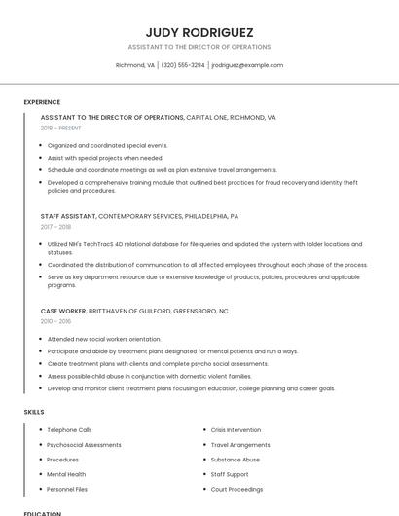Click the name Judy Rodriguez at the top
point(199,32)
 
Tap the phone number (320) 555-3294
point(183,65)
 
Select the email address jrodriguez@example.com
point(247,65)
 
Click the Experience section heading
point(42,102)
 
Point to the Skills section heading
point(34,412)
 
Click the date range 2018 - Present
point(61,128)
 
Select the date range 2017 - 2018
point(55,227)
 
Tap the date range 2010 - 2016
point(55,320)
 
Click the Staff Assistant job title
point(68,216)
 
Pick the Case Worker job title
point(63,310)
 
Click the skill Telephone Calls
point(69,429)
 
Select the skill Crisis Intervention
point(236,429)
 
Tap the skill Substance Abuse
point(236,460)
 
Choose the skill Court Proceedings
point(236,489)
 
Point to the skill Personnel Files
point(67,489)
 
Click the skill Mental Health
point(66,474)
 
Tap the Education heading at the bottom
point(43,512)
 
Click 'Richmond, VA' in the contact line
point(135,65)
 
